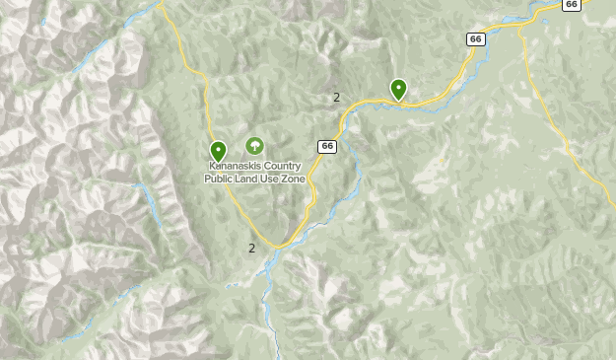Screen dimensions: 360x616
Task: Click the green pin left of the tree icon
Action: (218, 152)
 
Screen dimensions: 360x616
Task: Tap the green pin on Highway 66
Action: (398, 90)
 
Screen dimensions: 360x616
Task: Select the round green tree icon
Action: (254, 146)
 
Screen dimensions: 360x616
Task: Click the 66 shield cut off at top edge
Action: (572, 4)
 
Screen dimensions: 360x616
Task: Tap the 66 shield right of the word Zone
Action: (327, 146)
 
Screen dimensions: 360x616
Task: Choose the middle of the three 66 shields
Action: (476, 38)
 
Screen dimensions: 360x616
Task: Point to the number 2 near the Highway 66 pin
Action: (336, 97)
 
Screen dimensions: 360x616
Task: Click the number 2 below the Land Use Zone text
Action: (251, 248)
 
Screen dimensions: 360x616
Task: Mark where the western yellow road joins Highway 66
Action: (280, 246)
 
